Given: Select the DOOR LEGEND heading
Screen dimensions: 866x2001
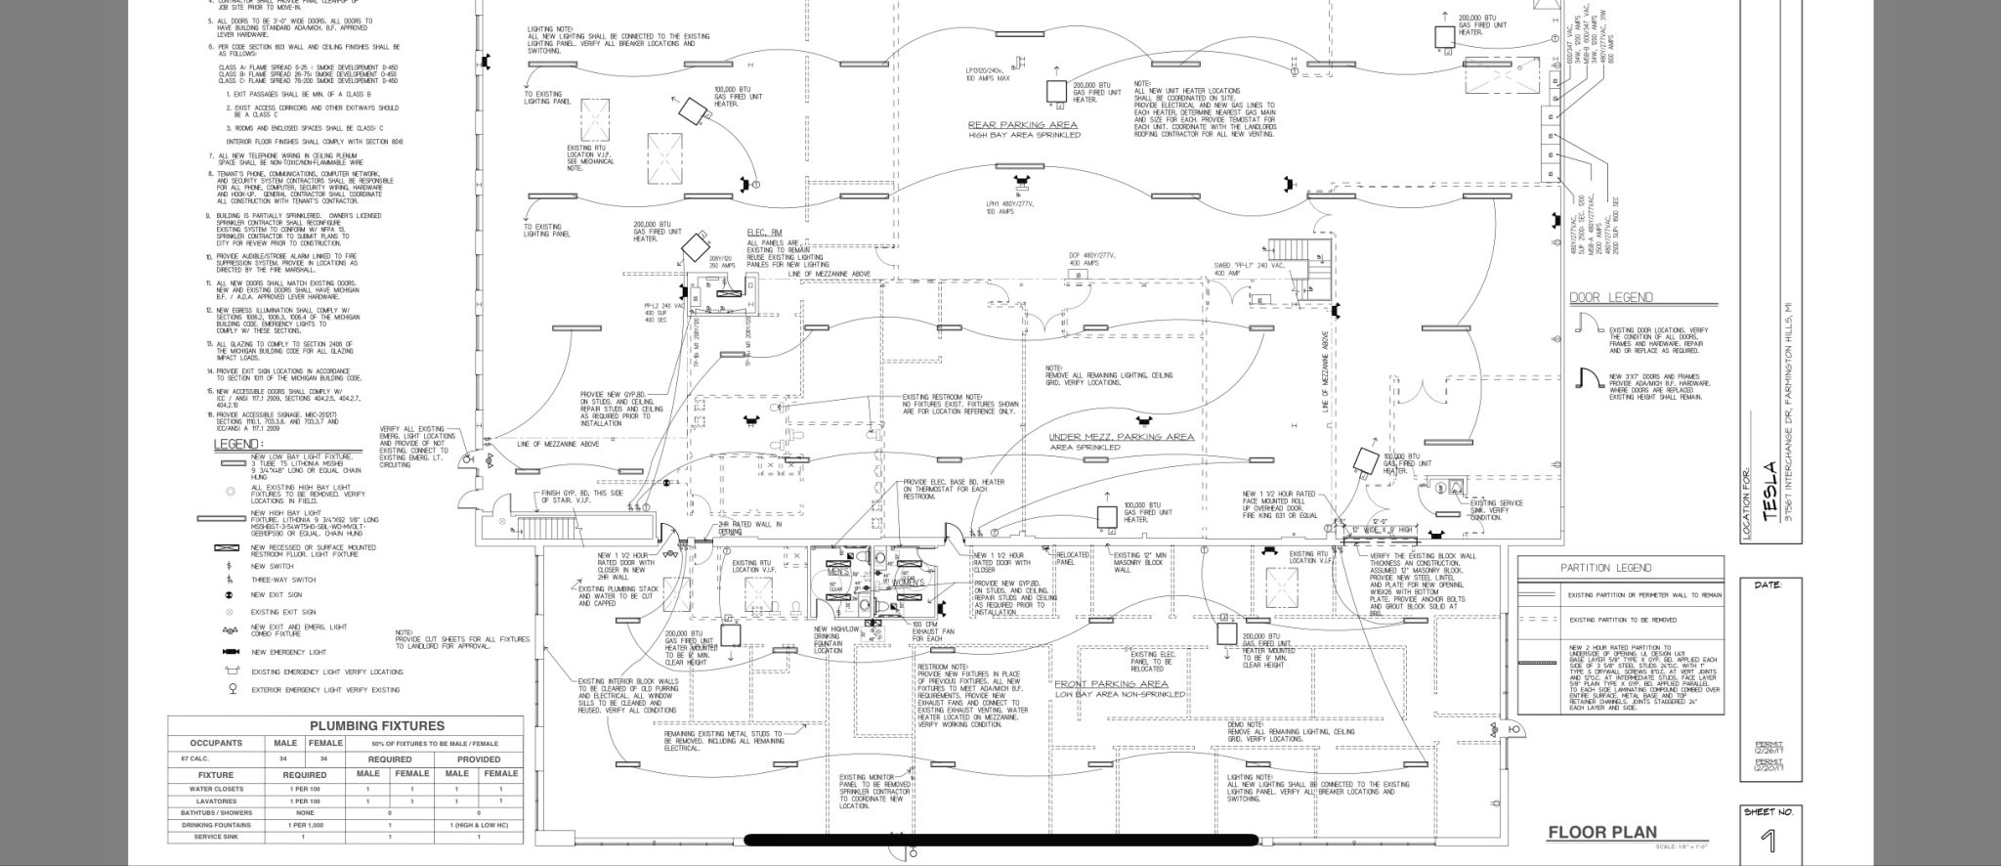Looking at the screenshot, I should point(1610,297).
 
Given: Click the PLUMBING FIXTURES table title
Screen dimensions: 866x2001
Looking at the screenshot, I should point(376,726).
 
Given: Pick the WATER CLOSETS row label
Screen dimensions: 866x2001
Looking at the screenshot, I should point(216,789).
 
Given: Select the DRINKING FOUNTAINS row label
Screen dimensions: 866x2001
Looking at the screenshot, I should point(216,825).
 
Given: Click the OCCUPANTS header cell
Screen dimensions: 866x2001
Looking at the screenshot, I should point(216,743).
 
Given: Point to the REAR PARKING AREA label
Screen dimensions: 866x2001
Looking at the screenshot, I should point(1023,124).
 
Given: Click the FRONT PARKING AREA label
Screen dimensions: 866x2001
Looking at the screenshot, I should point(1112,684).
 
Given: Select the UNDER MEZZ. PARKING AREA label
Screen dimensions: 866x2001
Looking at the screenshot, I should point(1121,437).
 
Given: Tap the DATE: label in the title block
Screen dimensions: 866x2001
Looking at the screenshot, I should point(1768,585).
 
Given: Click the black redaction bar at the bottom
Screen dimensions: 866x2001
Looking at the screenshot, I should point(1000,839).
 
